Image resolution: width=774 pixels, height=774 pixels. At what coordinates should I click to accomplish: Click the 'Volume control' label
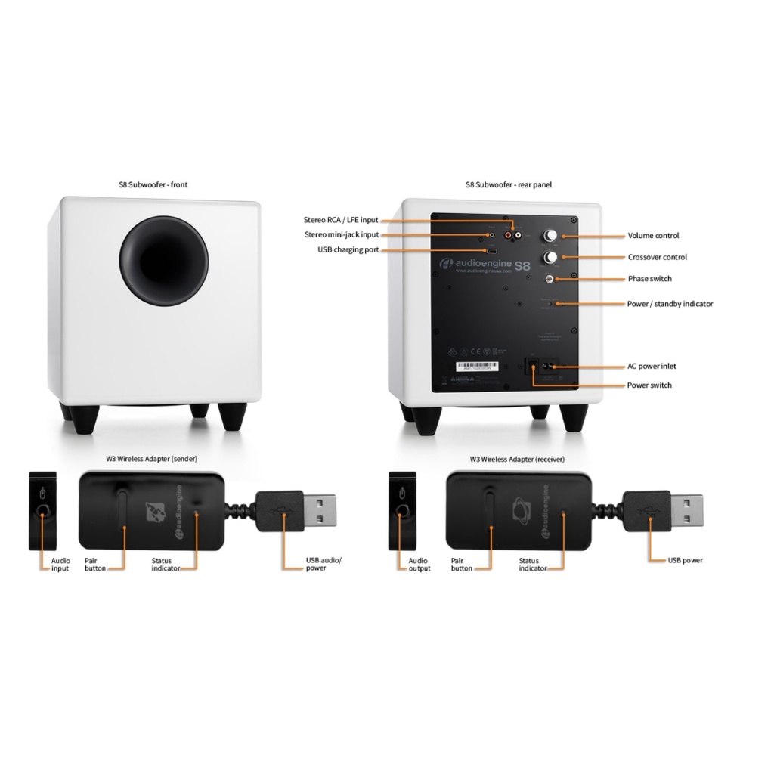pyautogui.click(x=653, y=236)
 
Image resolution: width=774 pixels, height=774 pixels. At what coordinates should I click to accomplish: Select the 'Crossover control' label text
pyautogui.click(x=657, y=257)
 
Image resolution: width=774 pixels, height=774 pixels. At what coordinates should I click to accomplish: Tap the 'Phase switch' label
pyautogui.click(x=649, y=279)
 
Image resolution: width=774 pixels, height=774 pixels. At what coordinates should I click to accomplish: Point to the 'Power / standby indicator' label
pyautogui.click(x=670, y=304)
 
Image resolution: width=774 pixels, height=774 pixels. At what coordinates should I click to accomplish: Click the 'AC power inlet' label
pyautogui.click(x=652, y=367)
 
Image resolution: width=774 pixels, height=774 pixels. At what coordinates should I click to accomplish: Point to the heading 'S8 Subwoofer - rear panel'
pyautogui.click(x=508, y=184)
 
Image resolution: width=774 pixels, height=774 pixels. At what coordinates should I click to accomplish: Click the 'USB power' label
pyautogui.click(x=685, y=560)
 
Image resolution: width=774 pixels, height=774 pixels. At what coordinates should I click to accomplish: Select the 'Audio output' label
pyautogui.click(x=418, y=565)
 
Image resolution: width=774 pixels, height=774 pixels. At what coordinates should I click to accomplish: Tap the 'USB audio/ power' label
pyautogui.click(x=324, y=564)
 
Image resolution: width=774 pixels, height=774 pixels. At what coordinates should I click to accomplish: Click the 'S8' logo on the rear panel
pyautogui.click(x=522, y=265)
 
